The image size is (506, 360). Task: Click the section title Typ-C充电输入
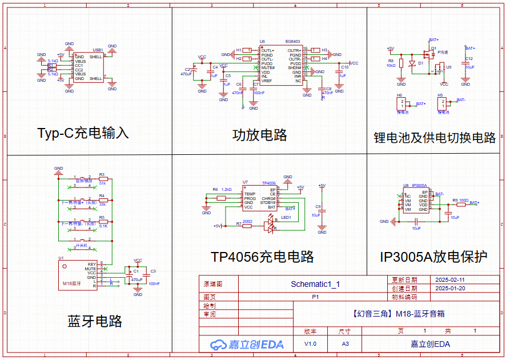click(x=83, y=133)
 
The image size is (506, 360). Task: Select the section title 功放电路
click(x=259, y=135)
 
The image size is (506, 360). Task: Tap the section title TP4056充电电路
click(x=262, y=257)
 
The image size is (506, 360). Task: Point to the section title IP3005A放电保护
click(x=433, y=257)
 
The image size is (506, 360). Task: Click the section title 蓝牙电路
click(x=94, y=321)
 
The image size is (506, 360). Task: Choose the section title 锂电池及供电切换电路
click(x=435, y=138)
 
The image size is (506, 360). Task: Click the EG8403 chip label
click(x=293, y=42)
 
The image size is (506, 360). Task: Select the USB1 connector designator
click(x=97, y=50)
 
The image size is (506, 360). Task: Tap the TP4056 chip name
click(x=269, y=183)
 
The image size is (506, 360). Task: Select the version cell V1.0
click(x=310, y=344)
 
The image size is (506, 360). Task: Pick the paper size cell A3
click(x=345, y=344)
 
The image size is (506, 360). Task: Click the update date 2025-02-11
click(x=450, y=280)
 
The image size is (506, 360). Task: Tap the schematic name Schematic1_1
click(x=315, y=284)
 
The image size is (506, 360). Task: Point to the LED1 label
click(x=286, y=218)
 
